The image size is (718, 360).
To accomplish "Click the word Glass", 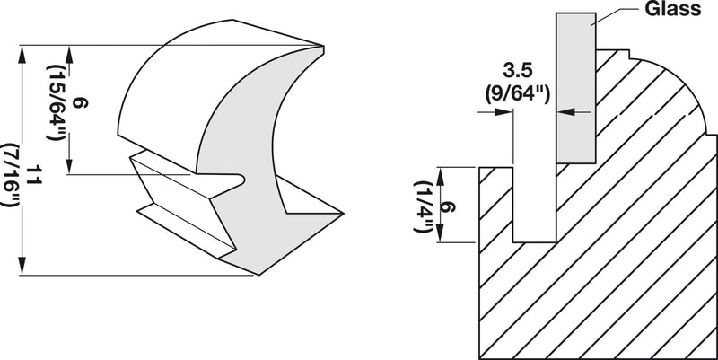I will tap(661, 12).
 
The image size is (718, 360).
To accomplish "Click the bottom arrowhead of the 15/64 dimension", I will tap(68, 168).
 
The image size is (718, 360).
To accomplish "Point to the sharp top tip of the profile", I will tap(320, 46).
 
